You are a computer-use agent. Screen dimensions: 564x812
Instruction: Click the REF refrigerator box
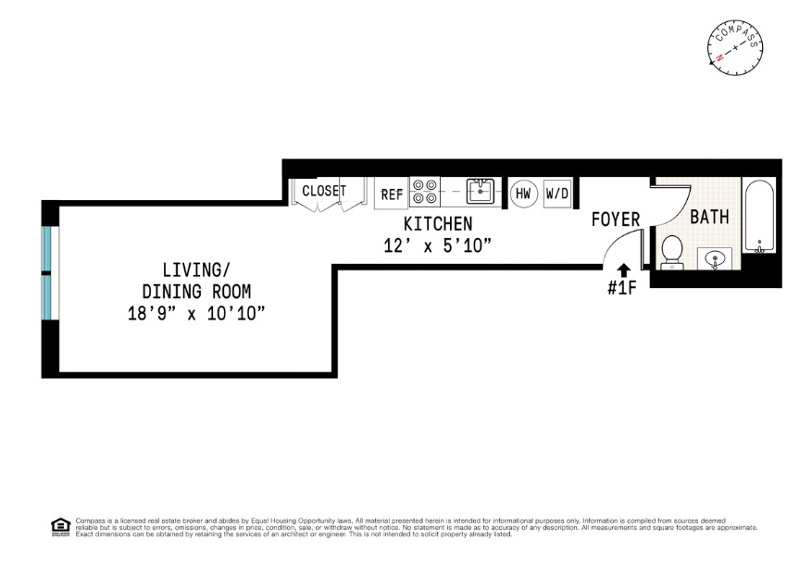392,194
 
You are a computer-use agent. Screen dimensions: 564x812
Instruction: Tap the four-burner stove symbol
425,192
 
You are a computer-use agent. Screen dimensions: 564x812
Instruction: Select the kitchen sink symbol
480,193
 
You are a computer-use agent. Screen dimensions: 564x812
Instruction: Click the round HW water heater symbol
523,194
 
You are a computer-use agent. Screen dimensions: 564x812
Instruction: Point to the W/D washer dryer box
556,194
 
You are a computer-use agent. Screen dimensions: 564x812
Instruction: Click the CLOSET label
323,191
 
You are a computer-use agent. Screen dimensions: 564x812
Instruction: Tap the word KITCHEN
438,224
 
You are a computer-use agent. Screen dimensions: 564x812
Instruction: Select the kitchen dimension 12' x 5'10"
437,245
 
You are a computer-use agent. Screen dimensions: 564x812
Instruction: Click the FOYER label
616,219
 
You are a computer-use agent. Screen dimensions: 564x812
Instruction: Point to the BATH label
708,217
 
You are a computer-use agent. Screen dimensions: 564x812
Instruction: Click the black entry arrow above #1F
623,269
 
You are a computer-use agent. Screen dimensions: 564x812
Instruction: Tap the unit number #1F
622,288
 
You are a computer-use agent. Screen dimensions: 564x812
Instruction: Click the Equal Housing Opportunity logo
60,525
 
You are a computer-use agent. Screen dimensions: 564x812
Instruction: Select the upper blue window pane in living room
46,248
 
